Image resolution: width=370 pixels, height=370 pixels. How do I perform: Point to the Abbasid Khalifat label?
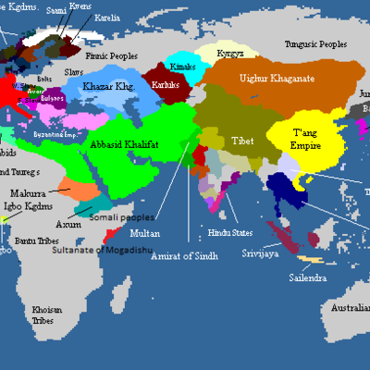coord(138,145)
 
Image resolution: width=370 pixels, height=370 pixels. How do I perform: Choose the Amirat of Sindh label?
coord(187,256)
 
